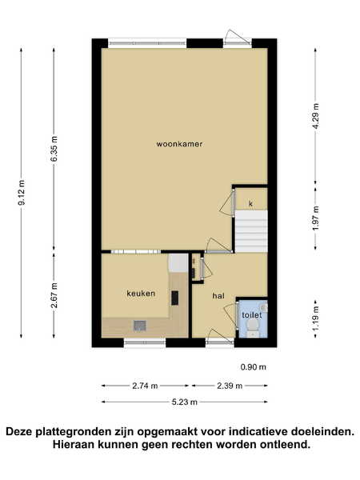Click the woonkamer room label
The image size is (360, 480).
click(179, 144)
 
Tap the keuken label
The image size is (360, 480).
click(141, 294)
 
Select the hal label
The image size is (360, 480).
click(218, 296)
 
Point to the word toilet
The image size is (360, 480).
click(252, 315)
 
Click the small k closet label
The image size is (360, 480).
click(250, 203)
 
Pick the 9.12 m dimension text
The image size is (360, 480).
click(22, 193)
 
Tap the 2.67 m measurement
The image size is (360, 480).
click(54, 295)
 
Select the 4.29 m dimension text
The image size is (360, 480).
click(316, 116)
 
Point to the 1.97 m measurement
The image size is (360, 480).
click(316, 218)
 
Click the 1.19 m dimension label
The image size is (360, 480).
click(316, 318)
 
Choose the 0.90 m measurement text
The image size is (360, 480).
click(253, 366)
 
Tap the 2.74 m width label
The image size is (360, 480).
click(145, 386)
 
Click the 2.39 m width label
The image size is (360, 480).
click(230, 386)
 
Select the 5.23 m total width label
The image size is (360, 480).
click(184, 402)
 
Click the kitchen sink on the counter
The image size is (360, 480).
click(140, 326)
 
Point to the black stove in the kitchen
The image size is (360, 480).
click(174, 298)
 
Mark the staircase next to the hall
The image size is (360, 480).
click(251, 231)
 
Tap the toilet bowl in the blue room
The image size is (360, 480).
click(253, 327)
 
